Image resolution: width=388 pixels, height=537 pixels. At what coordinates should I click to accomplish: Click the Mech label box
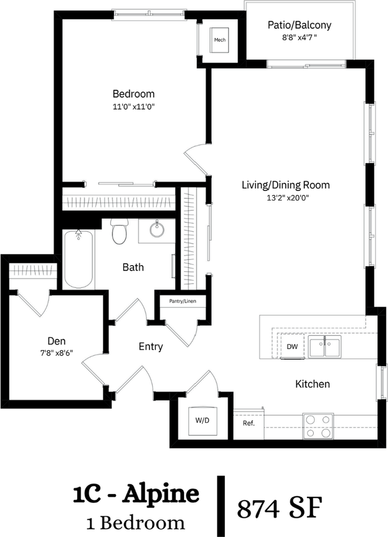click(220, 40)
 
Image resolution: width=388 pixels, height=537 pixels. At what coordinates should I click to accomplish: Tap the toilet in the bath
click(120, 232)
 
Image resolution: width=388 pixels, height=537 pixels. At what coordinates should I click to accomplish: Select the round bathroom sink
click(157, 229)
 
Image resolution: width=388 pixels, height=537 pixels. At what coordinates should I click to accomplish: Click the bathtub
click(79, 259)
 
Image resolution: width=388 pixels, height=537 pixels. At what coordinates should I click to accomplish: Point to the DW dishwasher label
click(292, 347)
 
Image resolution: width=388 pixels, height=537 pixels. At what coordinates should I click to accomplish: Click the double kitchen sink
click(325, 347)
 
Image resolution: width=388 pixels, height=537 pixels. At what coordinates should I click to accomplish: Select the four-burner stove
click(318, 426)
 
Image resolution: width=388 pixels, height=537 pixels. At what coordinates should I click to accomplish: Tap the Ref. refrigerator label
click(249, 423)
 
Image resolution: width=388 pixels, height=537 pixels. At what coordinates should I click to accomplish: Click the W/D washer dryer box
click(202, 421)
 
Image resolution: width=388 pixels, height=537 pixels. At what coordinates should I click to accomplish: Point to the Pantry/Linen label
click(183, 302)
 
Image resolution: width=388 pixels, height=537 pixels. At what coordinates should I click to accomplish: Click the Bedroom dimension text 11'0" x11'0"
click(134, 107)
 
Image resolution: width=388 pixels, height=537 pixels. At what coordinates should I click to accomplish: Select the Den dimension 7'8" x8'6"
click(56, 353)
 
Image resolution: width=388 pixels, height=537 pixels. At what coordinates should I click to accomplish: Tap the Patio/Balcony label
click(299, 25)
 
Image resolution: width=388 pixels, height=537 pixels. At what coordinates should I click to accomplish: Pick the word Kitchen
click(313, 384)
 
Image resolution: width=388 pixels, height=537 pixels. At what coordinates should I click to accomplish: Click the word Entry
click(151, 347)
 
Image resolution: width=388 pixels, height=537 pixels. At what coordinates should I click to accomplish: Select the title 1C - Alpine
click(136, 494)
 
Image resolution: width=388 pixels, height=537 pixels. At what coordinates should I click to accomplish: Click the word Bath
click(133, 267)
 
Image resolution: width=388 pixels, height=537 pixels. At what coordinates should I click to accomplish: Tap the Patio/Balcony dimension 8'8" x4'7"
click(299, 37)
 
